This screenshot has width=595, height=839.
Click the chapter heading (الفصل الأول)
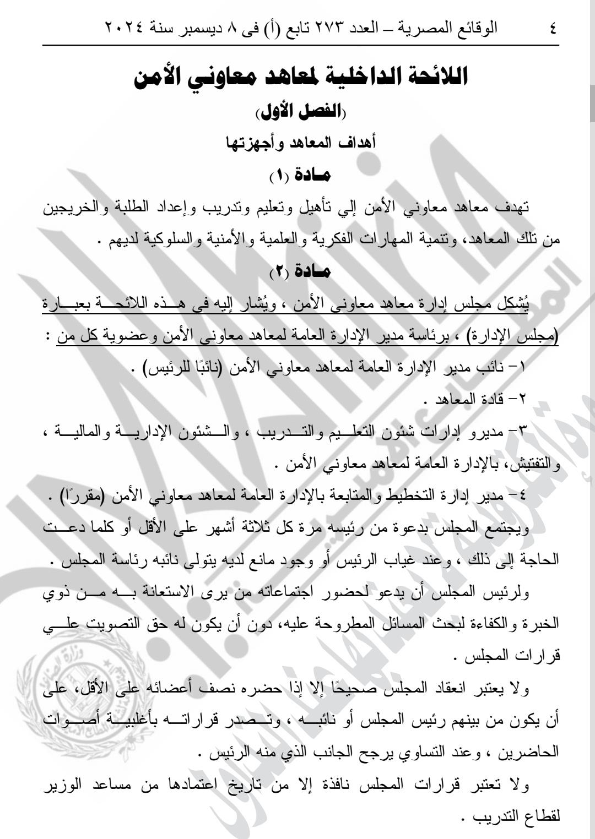(x=301, y=113)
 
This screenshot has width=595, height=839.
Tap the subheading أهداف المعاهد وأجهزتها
(x=301, y=143)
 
